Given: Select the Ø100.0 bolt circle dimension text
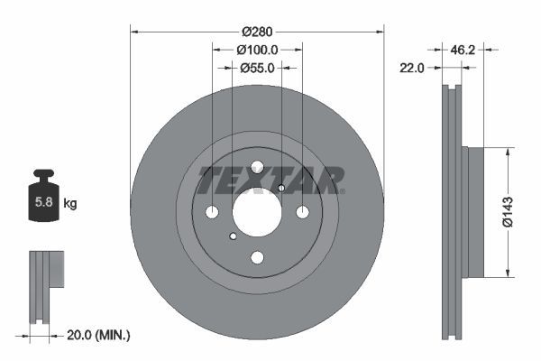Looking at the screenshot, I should (257, 51).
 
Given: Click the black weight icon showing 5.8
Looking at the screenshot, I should (42, 199).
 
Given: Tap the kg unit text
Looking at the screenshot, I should (70, 204).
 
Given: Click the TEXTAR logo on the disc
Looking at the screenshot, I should (270, 180).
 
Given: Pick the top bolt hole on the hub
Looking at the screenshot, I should (257, 167).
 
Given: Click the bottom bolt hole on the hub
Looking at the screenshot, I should (257, 258).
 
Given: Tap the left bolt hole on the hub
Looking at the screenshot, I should (212, 212).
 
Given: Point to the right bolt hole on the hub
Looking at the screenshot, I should (302, 212).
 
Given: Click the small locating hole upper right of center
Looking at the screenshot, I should (281, 188).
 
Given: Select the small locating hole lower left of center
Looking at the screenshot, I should (233, 236).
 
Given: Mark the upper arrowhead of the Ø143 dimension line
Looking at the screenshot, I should (509, 152).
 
